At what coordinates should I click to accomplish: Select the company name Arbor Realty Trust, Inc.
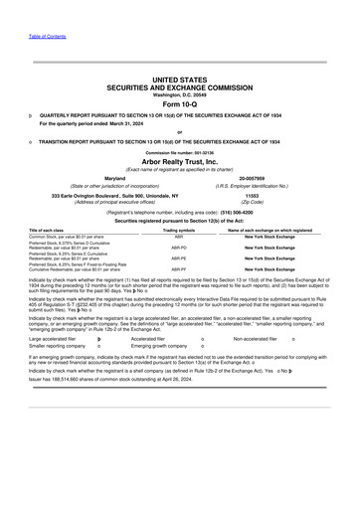click(x=179, y=161)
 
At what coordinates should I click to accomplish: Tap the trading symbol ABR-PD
click(x=179, y=245)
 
